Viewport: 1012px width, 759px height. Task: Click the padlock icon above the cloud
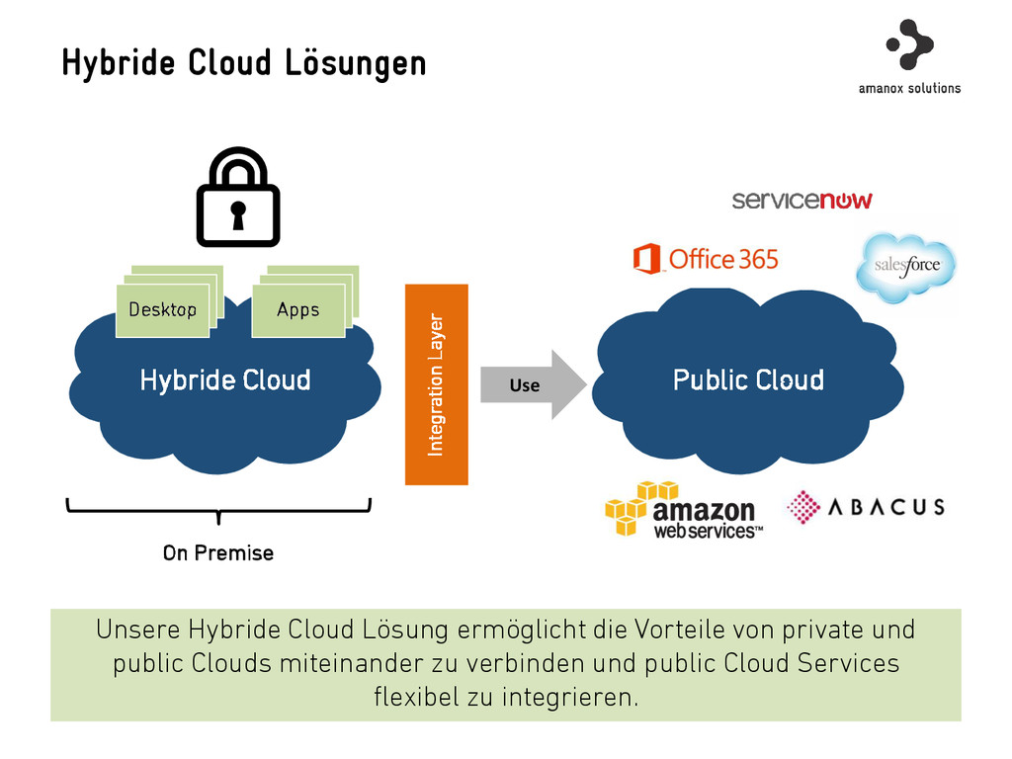238,198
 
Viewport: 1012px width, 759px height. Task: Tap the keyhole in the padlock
238,214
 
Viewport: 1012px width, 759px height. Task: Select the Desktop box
163,309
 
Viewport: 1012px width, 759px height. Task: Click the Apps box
298,309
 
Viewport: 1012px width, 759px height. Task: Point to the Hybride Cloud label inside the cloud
225,380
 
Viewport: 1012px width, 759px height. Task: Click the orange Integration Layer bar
436,384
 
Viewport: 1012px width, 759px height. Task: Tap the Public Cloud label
748,380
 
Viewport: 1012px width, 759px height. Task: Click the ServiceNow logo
801,201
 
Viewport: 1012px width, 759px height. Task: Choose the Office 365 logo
706,260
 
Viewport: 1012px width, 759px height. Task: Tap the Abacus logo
866,507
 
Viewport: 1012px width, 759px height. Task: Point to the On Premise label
218,552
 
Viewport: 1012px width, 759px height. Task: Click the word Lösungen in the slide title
356,63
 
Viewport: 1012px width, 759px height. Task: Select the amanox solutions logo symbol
909,43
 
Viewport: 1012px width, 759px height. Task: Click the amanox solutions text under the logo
909,88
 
